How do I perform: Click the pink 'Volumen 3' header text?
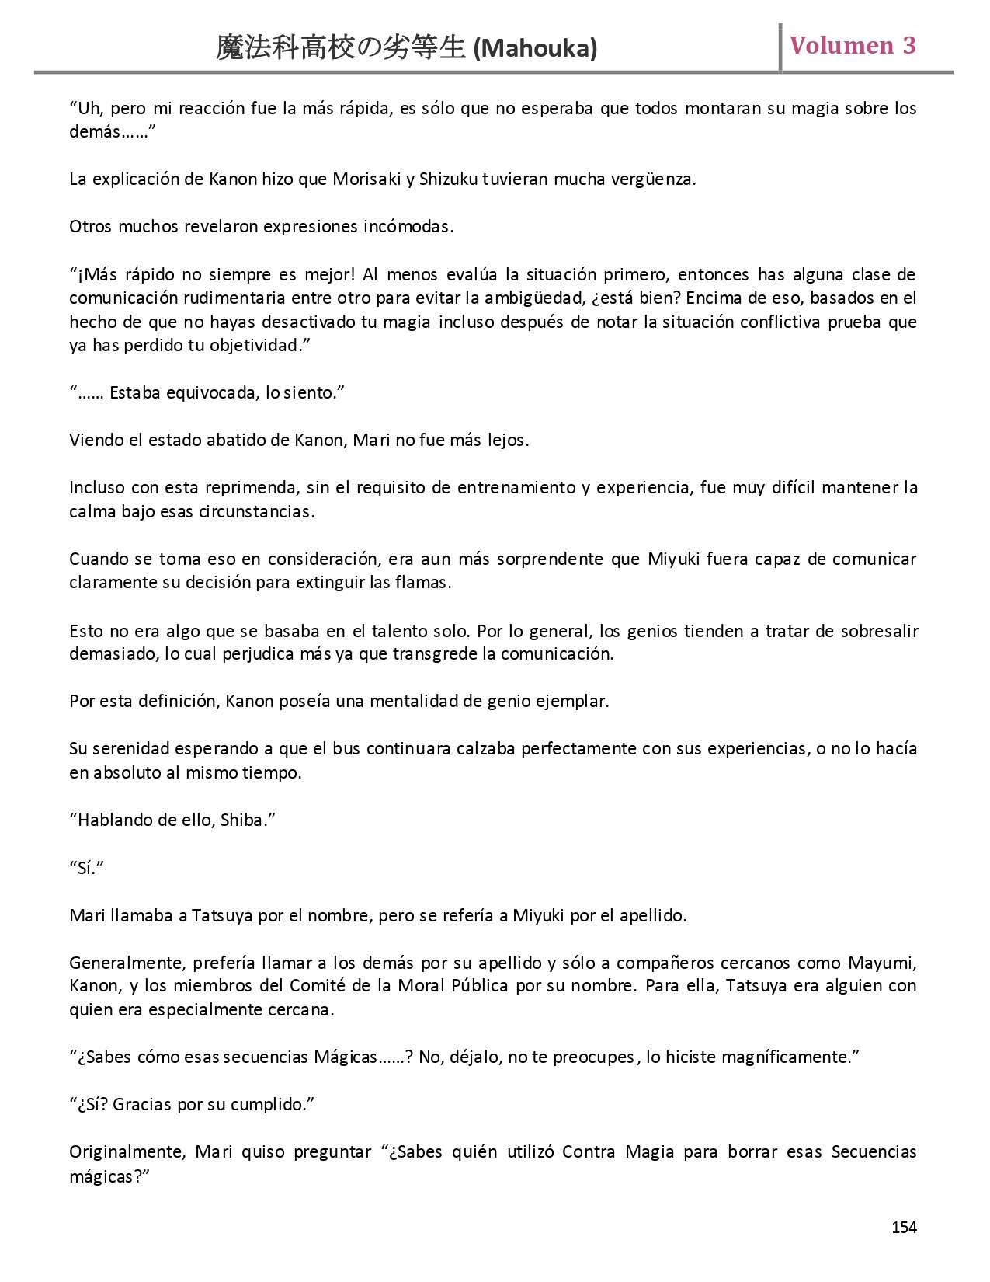coord(853,45)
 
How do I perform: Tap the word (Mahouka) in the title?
coord(535,49)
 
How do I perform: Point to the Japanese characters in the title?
coord(342,49)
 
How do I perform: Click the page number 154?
coord(904,1227)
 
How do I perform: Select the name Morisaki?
coord(366,179)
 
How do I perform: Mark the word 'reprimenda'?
coord(252,488)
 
